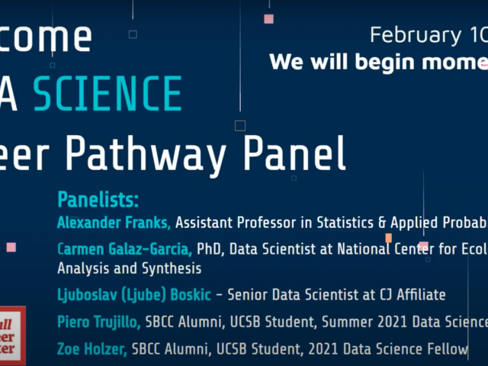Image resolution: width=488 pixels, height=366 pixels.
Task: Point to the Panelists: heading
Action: point(98,201)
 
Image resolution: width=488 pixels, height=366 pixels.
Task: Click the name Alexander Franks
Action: point(116,223)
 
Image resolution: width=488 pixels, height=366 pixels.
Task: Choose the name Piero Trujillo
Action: point(98,323)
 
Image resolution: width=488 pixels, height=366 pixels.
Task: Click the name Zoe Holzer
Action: point(91,349)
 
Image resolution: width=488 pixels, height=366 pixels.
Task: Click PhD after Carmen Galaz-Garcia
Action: point(209,249)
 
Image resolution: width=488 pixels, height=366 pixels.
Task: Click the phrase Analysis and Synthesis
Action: point(129,268)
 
